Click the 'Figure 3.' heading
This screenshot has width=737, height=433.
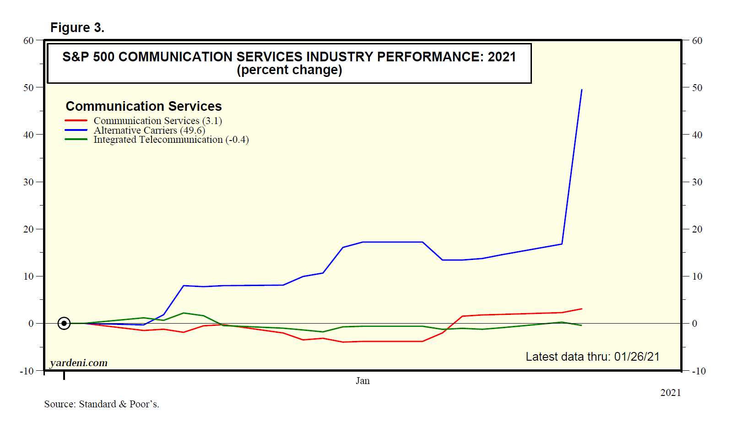pyautogui.click(x=77, y=28)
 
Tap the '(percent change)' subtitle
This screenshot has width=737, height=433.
pyautogui.click(x=289, y=70)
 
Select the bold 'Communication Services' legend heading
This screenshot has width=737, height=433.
pyautogui.click(x=143, y=106)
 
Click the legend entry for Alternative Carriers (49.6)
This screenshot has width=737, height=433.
pyautogui.click(x=149, y=130)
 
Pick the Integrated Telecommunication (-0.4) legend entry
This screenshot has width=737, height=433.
pyautogui.click(x=171, y=140)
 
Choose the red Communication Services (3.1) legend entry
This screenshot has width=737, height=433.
pyautogui.click(x=157, y=121)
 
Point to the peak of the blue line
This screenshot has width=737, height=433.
pyautogui.click(x=581, y=90)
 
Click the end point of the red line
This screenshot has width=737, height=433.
pyautogui.click(x=581, y=309)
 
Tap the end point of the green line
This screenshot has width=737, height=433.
pyautogui.click(x=581, y=325)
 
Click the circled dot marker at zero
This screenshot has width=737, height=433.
pyautogui.click(x=64, y=324)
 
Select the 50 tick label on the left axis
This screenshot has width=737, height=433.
pyautogui.click(x=28, y=87)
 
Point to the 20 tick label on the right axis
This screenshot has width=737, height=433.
pyautogui.click(x=697, y=229)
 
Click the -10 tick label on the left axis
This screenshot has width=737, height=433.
pyautogui.click(x=27, y=371)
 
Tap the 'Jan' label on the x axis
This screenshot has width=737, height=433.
pyautogui.click(x=363, y=381)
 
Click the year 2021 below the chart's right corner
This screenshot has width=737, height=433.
pyautogui.click(x=670, y=393)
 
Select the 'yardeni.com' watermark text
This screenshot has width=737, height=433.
pyautogui.click(x=79, y=363)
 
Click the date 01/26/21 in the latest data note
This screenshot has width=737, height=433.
pyautogui.click(x=636, y=357)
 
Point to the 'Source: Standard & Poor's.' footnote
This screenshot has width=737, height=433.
pyautogui.click(x=102, y=404)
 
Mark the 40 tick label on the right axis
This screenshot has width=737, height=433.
pyautogui.click(x=697, y=135)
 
